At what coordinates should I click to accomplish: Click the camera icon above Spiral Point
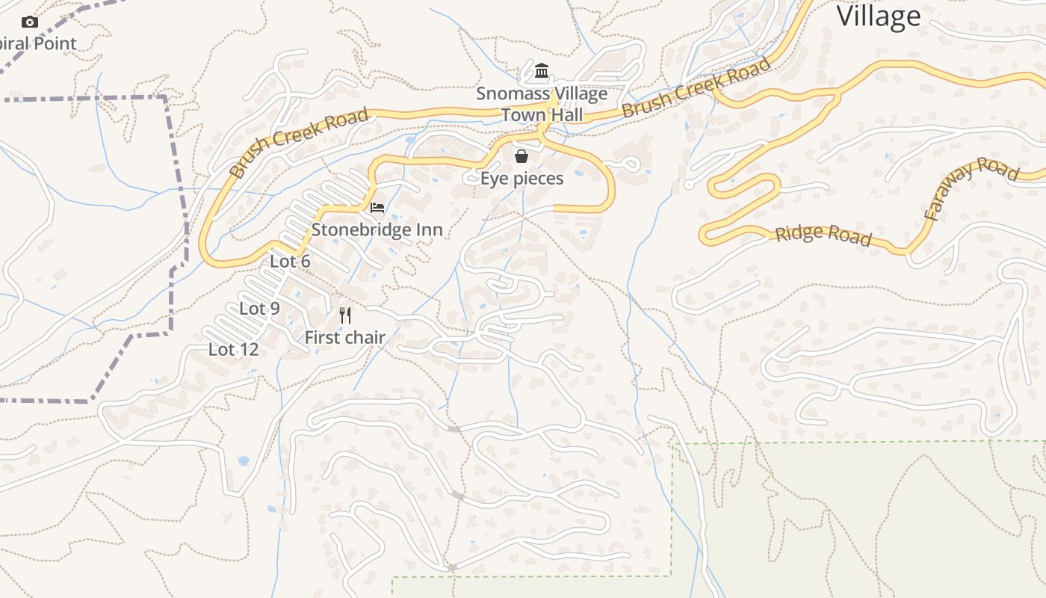[x=30, y=22]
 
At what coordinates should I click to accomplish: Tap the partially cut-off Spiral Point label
[x=38, y=43]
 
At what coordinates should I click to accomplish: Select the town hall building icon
[x=542, y=72]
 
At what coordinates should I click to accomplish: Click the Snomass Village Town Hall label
[x=542, y=105]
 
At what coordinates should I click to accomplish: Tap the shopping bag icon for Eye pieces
[x=522, y=156]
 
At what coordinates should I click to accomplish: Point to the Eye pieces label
[x=522, y=179]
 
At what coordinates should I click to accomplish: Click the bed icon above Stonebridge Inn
[x=377, y=207]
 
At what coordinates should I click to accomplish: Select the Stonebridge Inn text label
[x=377, y=229]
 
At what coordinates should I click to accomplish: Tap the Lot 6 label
[x=290, y=261]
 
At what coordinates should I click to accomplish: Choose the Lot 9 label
[x=259, y=308]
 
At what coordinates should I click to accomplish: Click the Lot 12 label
[x=233, y=349]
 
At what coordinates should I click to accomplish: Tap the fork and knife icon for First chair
[x=344, y=315]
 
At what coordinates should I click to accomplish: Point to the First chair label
[x=344, y=338]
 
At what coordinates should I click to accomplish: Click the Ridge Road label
[x=823, y=235]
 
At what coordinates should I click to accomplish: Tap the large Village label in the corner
[x=878, y=16]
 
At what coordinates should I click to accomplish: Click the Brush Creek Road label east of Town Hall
[x=696, y=88]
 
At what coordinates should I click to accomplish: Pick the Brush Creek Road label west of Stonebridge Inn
[x=299, y=142]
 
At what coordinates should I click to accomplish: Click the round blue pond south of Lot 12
[x=243, y=461]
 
